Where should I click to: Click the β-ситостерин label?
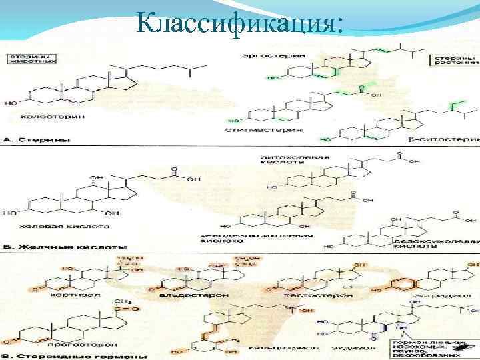[x=443, y=141]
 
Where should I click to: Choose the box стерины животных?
[x=32, y=58]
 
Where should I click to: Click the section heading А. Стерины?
[x=33, y=140]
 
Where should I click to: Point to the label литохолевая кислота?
[x=286, y=160]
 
